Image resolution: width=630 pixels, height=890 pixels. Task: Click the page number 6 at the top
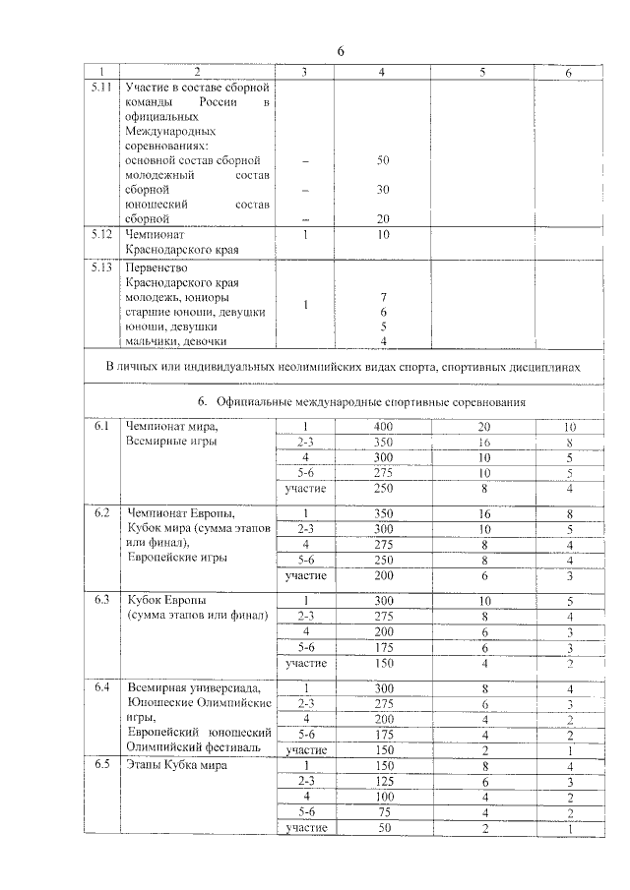click(341, 50)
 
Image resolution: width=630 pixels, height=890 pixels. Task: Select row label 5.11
click(99, 88)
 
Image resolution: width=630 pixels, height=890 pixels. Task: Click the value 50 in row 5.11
click(384, 159)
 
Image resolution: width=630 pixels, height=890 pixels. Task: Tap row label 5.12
click(99, 235)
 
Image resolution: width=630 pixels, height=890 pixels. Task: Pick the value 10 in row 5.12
click(384, 235)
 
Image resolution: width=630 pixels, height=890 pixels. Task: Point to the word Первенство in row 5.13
click(157, 267)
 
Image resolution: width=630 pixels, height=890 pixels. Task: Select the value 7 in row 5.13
click(384, 297)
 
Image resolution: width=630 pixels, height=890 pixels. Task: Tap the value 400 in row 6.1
click(384, 427)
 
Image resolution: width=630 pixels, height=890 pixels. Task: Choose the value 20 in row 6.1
click(483, 427)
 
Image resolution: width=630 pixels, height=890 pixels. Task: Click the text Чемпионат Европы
click(180, 513)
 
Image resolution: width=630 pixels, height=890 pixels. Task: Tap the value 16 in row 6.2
click(483, 513)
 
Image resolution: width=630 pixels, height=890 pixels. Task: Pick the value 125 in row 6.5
click(384, 782)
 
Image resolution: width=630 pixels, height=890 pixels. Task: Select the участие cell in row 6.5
click(305, 829)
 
